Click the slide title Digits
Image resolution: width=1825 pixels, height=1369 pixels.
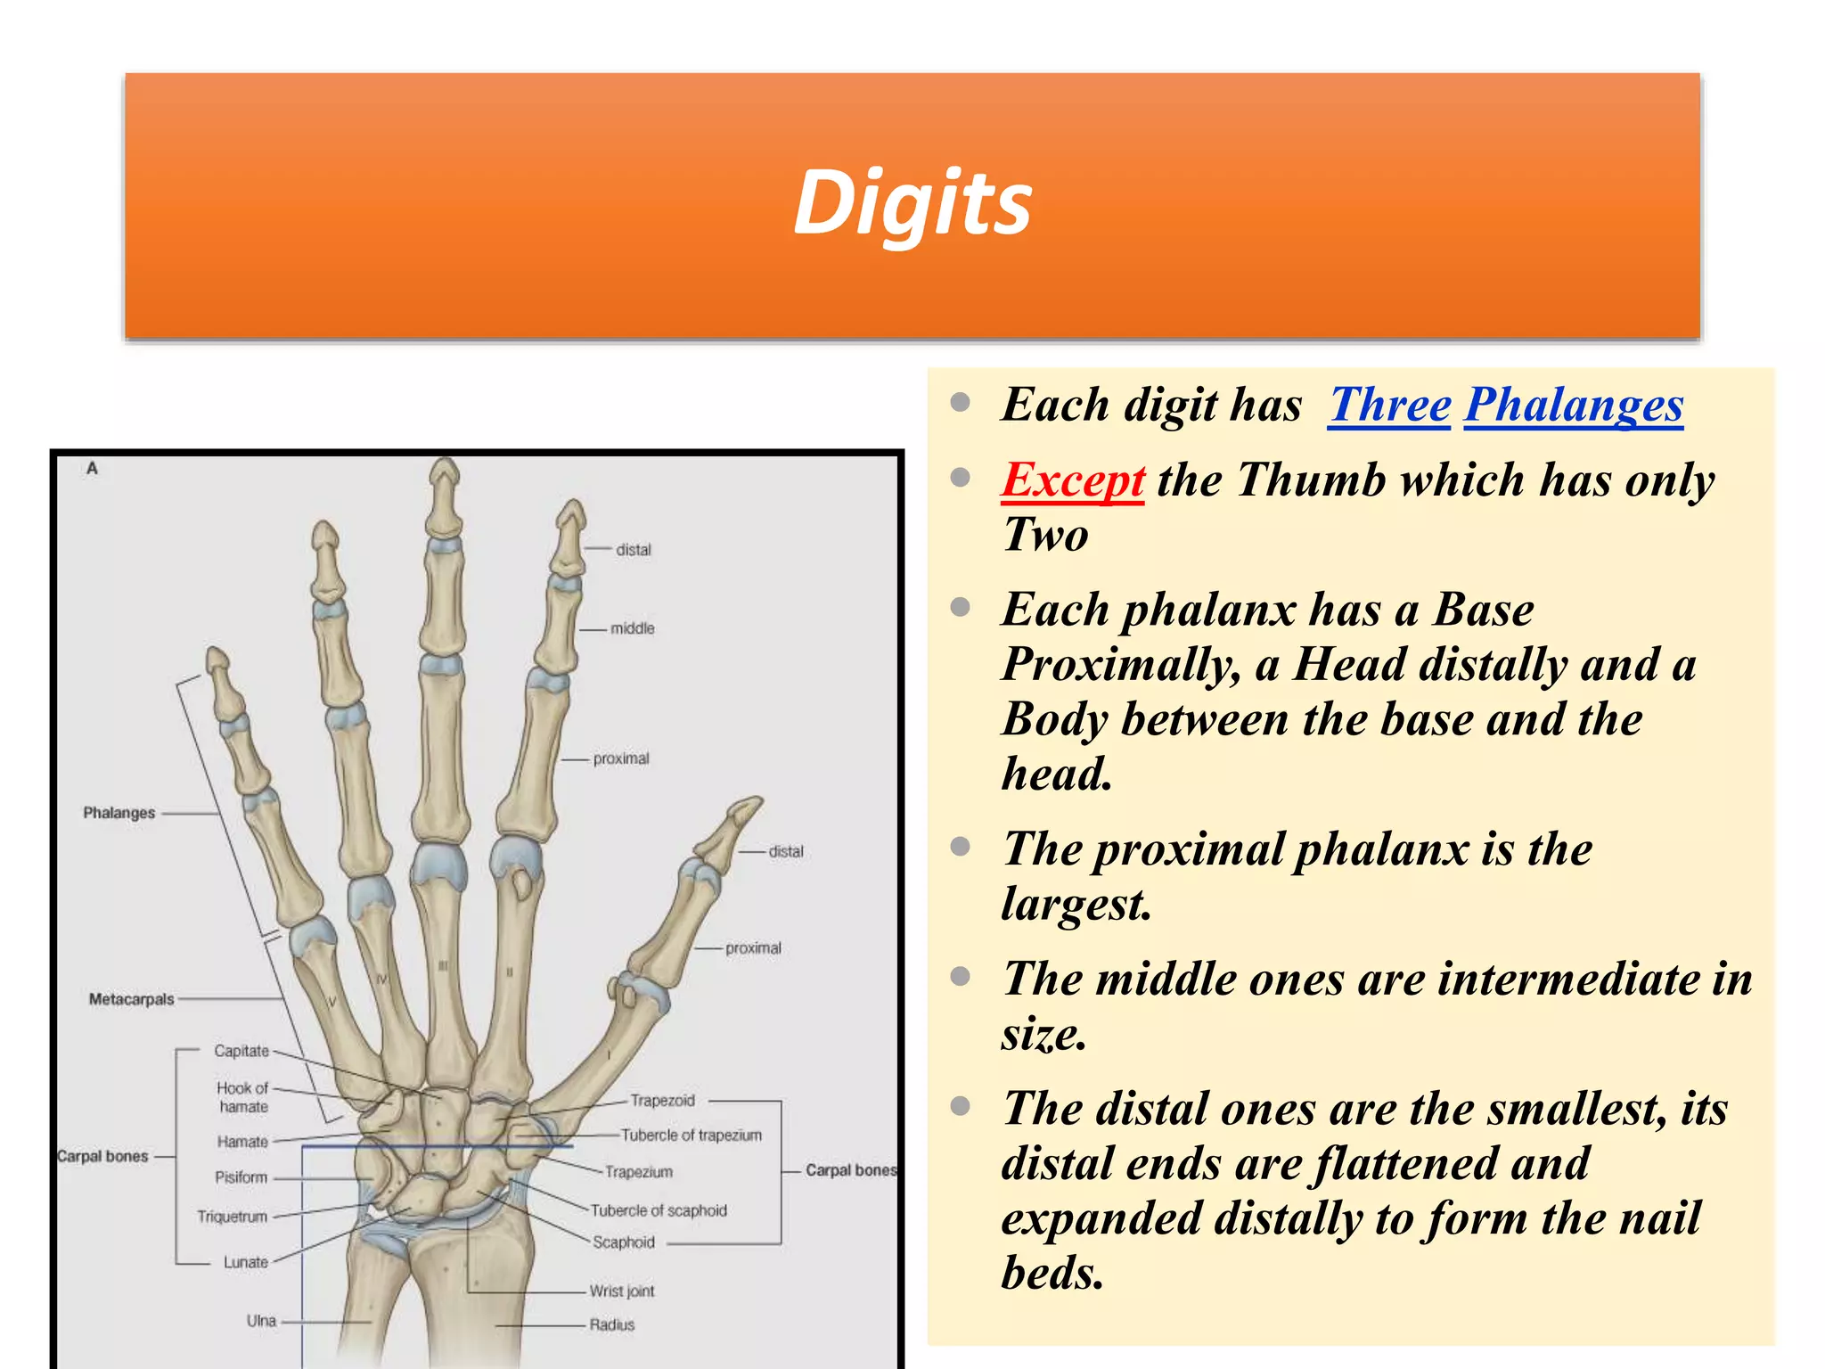pyautogui.click(x=912, y=203)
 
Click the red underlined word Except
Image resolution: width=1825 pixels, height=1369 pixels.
pyautogui.click(x=1072, y=480)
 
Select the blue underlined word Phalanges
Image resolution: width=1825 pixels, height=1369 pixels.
pyautogui.click(x=1573, y=405)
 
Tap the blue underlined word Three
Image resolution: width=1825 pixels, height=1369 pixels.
pyautogui.click(x=1389, y=405)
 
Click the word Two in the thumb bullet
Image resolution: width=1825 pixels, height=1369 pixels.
pyautogui.click(x=1045, y=535)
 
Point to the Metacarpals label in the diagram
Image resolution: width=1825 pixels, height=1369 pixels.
pyautogui.click(x=131, y=999)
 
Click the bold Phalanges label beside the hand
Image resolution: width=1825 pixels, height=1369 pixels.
pyautogui.click(x=119, y=813)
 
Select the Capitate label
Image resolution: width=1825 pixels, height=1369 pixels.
pyautogui.click(x=241, y=1051)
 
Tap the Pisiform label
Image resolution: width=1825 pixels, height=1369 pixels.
pyautogui.click(x=241, y=1177)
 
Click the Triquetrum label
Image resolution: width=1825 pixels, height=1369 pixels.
pyautogui.click(x=232, y=1217)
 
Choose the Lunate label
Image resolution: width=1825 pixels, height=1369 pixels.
pyautogui.click(x=245, y=1262)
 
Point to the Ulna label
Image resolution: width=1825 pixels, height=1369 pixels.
pyautogui.click(x=261, y=1321)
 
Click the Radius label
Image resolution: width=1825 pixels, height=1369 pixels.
pyautogui.click(x=611, y=1325)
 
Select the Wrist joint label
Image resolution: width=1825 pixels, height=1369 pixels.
pyautogui.click(x=621, y=1291)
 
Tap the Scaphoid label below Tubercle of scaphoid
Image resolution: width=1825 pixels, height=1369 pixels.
pyautogui.click(x=623, y=1242)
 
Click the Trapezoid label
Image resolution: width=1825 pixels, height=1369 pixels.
pyautogui.click(x=662, y=1101)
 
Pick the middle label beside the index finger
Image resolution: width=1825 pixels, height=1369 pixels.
pyautogui.click(x=632, y=628)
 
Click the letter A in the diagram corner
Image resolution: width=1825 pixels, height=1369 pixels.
pyautogui.click(x=92, y=469)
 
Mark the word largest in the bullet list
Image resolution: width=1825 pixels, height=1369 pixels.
pyautogui.click(x=1076, y=904)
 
